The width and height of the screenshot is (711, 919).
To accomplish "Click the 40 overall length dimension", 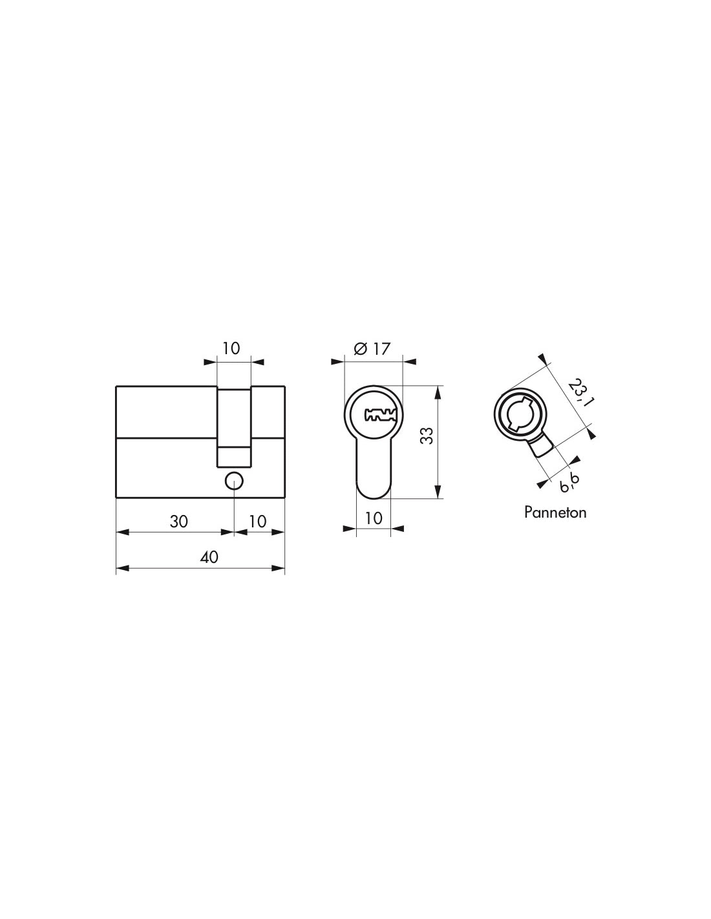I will point(209,557).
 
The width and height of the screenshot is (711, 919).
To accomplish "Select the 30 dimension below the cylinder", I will point(179,521).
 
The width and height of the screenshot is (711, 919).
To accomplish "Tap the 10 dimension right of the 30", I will point(257,521).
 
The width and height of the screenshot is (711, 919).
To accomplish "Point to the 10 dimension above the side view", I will point(231,348).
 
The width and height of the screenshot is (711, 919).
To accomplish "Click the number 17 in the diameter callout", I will point(382,349).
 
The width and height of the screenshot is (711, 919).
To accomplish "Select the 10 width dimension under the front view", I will point(374,518).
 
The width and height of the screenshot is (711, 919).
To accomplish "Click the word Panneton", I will point(555,512).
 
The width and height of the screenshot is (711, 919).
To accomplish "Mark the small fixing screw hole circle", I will point(233,480).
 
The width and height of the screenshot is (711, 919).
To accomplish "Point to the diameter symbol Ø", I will point(361,349).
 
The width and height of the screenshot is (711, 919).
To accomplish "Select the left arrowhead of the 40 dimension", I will point(121,569).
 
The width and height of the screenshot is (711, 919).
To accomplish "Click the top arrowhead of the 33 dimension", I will point(438,391).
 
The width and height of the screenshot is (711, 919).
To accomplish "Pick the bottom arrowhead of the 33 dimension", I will point(438,493).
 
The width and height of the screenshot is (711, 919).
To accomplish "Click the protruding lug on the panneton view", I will point(540,447).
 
